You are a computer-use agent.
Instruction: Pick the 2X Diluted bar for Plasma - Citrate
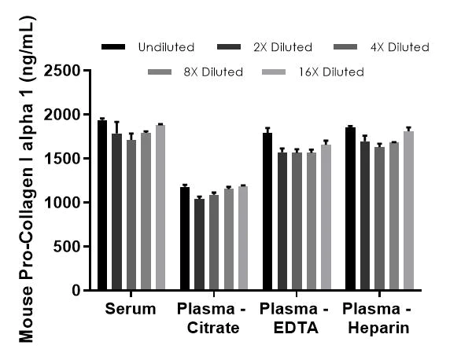point(199,244)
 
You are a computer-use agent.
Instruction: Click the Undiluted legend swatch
point(115,48)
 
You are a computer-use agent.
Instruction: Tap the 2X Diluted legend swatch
point(232,48)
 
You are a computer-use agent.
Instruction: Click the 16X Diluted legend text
point(330,72)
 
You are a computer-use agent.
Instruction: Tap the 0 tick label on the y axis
point(76,291)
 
